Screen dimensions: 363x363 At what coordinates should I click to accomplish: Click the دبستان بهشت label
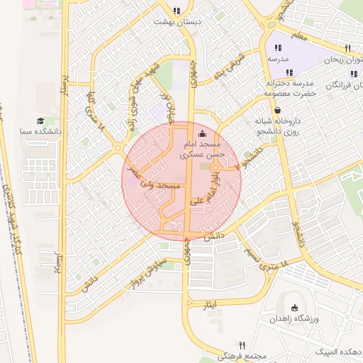coord(177,22)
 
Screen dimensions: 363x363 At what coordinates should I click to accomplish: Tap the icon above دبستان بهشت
coord(177,11)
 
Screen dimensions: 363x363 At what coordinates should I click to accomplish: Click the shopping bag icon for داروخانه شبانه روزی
coord(276,110)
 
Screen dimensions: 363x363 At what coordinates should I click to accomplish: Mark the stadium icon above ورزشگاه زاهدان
coord(295,308)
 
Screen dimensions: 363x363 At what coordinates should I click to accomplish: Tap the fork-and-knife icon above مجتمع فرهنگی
coord(242,344)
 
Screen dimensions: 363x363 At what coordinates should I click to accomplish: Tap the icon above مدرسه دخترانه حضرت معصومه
coord(289,72)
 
